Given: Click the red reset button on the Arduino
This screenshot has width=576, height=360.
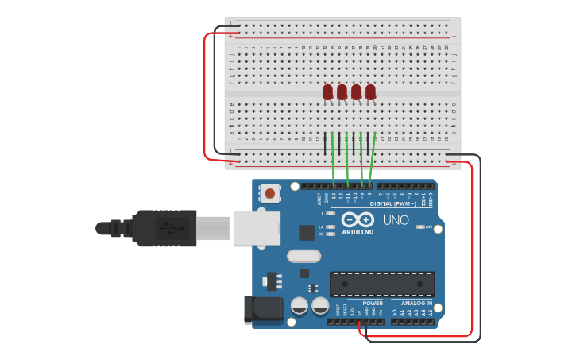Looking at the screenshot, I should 271,193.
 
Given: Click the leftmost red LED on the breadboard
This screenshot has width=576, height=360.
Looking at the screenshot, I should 327,92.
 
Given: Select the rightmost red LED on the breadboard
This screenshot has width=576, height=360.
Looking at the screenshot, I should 370,92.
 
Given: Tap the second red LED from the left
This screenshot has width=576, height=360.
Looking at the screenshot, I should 342,92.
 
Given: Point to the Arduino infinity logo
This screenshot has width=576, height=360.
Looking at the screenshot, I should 357,219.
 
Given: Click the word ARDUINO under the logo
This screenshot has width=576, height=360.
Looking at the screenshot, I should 357,232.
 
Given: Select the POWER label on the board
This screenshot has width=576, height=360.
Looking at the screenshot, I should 372,303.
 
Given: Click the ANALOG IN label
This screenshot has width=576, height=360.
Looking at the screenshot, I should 416,303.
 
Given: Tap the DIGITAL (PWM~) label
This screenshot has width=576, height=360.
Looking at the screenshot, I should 392,203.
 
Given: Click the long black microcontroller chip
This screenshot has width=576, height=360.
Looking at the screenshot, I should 382,284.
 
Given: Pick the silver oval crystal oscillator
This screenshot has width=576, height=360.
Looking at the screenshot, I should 303,256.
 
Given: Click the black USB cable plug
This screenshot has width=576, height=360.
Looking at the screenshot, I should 163,228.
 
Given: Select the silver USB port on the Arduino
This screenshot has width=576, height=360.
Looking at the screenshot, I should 256,227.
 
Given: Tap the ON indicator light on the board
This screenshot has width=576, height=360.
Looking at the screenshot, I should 420,226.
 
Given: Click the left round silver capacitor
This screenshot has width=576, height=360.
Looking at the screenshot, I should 300,305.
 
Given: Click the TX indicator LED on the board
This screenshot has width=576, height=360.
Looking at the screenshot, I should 331,226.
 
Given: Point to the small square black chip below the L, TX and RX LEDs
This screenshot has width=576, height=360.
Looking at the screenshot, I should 306,232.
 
